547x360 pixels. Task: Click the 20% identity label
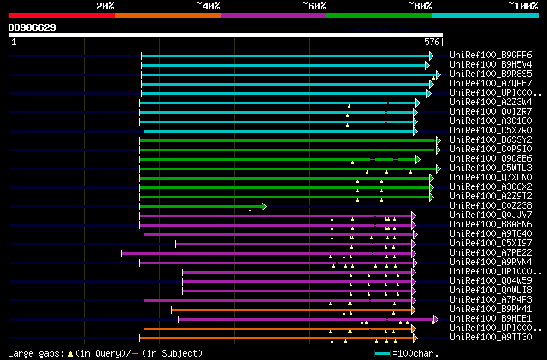coord(105,6)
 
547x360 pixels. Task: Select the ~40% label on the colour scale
coord(208,6)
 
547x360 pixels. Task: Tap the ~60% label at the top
coord(314,6)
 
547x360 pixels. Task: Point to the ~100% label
coord(522,6)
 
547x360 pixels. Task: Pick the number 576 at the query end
coord(432,41)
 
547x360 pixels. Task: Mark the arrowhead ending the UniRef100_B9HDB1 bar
coord(435,319)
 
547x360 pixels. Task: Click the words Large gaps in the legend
coord(35,352)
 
